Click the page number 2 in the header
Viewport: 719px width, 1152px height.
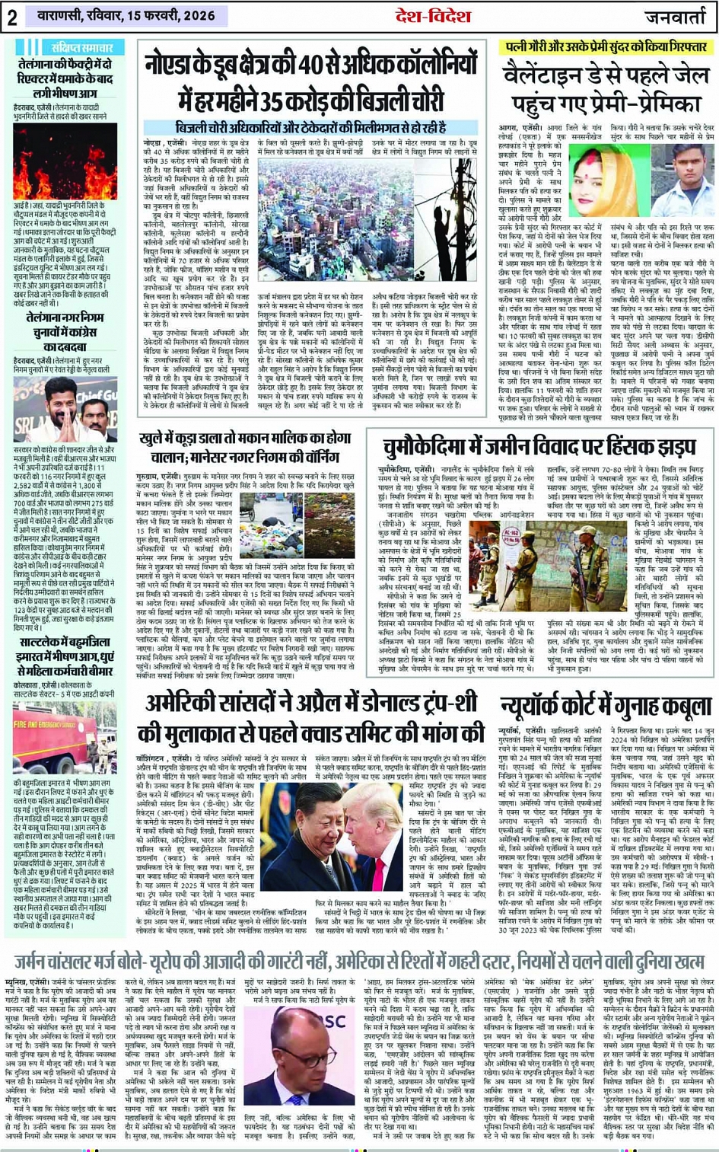click(12, 18)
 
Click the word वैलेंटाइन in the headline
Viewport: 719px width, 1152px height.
click(548, 77)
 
